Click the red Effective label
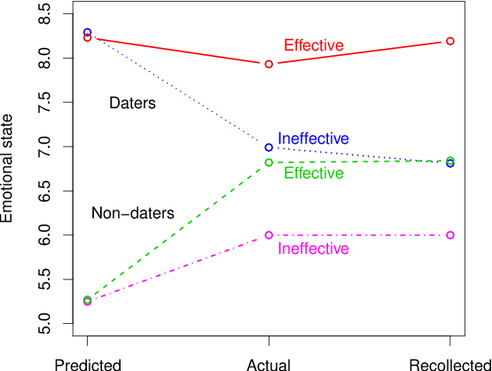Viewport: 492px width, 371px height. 314,45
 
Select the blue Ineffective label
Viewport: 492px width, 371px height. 314,138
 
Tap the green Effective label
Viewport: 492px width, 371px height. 314,173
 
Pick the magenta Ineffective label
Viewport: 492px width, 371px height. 314,249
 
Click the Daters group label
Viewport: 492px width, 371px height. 132,103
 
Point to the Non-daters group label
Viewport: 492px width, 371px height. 133,213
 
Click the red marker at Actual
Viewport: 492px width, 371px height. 269,64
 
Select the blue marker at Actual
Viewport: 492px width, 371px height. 269,147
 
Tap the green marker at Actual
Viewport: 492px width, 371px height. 269,162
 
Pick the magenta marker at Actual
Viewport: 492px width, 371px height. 269,235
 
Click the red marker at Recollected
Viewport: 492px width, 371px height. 450,41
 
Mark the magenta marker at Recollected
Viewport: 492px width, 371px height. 450,235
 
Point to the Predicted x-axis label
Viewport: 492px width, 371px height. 88,365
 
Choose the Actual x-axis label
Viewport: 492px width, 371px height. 269,365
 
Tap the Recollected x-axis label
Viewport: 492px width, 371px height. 450,365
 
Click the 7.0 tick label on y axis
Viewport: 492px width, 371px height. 44,146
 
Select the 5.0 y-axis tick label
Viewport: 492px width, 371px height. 44,324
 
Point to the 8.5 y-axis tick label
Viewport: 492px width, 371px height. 44,14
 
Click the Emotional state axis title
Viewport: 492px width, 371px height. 6,169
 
